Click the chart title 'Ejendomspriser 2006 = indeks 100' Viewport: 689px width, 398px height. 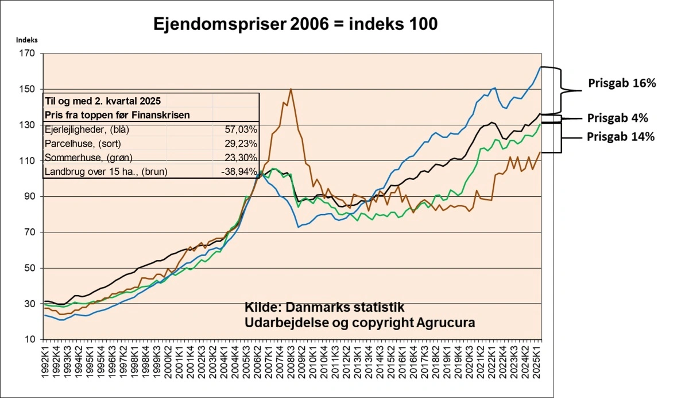click(x=295, y=24)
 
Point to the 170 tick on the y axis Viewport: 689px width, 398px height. click(x=28, y=53)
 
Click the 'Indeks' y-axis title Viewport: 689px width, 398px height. click(x=26, y=40)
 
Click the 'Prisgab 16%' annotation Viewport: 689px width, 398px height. click(x=622, y=83)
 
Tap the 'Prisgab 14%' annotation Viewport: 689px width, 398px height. click(x=621, y=137)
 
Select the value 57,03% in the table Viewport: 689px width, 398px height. click(x=242, y=130)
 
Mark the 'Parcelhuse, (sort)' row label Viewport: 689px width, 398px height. click(x=82, y=144)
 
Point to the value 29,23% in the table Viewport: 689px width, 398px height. click(x=242, y=144)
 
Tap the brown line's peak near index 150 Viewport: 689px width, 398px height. click(x=291, y=89)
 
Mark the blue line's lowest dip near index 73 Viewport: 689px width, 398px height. click(x=299, y=227)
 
